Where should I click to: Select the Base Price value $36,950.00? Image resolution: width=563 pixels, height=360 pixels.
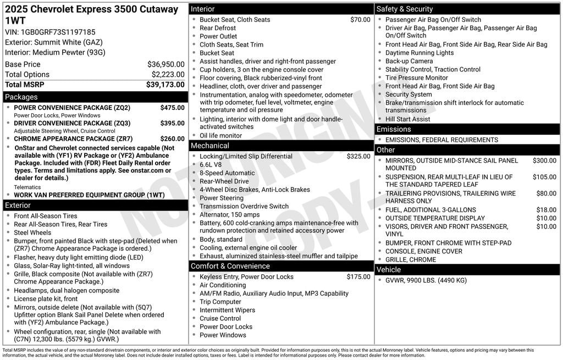[x=166, y=64]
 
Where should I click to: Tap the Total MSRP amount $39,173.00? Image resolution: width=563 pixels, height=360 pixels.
[x=165, y=85]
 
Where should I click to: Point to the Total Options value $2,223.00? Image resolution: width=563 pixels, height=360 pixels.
[x=168, y=75]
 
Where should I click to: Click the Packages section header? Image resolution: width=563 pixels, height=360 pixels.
[x=21, y=97]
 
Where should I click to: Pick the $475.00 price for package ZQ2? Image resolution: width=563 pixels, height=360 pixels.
[x=172, y=108]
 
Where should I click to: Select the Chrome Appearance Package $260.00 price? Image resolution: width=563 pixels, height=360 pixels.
[x=172, y=139]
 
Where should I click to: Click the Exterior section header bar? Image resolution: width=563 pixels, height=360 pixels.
[x=18, y=206]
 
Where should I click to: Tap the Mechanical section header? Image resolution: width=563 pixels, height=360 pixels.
[x=210, y=146]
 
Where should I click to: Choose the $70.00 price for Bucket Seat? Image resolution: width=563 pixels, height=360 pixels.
[x=360, y=20]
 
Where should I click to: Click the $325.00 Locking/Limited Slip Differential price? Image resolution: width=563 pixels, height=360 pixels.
[x=358, y=157]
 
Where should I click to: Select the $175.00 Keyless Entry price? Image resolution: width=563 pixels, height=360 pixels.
[x=358, y=277]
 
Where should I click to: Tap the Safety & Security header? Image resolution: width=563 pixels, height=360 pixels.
[x=405, y=9]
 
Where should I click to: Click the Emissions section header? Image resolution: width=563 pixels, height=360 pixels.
[x=394, y=129]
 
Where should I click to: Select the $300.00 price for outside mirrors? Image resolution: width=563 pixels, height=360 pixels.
[x=544, y=160]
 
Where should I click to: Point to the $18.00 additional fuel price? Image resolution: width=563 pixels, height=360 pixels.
[x=547, y=210]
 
